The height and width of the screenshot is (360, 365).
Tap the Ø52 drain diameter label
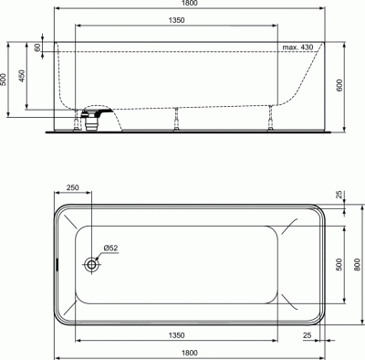(x=108, y=249)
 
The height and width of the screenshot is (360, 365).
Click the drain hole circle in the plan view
(x=92, y=265)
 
